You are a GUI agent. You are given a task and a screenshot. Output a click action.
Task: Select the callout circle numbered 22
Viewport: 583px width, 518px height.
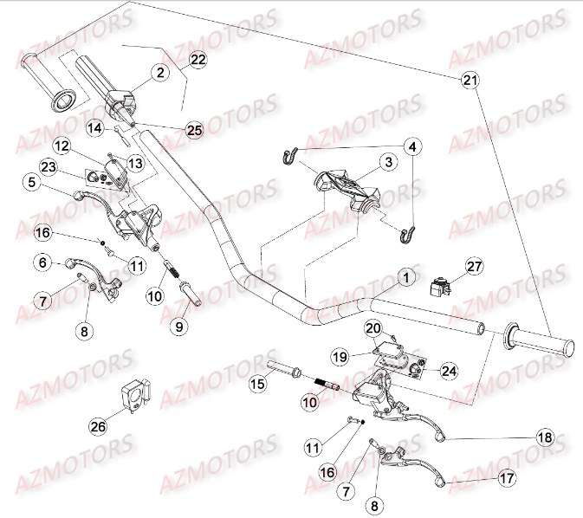pyautogui.click(x=198, y=59)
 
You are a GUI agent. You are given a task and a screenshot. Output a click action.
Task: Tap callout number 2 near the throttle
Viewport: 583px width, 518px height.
pyautogui.click(x=161, y=74)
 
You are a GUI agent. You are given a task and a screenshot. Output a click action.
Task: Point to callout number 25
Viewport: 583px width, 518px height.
pyautogui.click(x=194, y=130)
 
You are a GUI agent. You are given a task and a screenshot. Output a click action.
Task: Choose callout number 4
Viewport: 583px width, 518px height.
pyautogui.click(x=413, y=146)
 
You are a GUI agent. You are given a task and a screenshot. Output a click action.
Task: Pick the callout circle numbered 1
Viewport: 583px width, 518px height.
pyautogui.click(x=403, y=277)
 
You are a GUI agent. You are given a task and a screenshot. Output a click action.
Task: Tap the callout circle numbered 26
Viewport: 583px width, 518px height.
pyautogui.click(x=97, y=426)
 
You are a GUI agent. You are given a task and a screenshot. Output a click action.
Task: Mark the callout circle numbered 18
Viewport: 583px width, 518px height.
pyautogui.click(x=544, y=438)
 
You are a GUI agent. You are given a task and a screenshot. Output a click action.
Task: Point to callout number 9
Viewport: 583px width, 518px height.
pyautogui.click(x=179, y=327)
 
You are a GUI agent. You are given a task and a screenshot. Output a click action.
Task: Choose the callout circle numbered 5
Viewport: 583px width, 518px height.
pyautogui.click(x=31, y=183)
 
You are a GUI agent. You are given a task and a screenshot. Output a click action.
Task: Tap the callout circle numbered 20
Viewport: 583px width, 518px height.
pyautogui.click(x=372, y=328)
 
